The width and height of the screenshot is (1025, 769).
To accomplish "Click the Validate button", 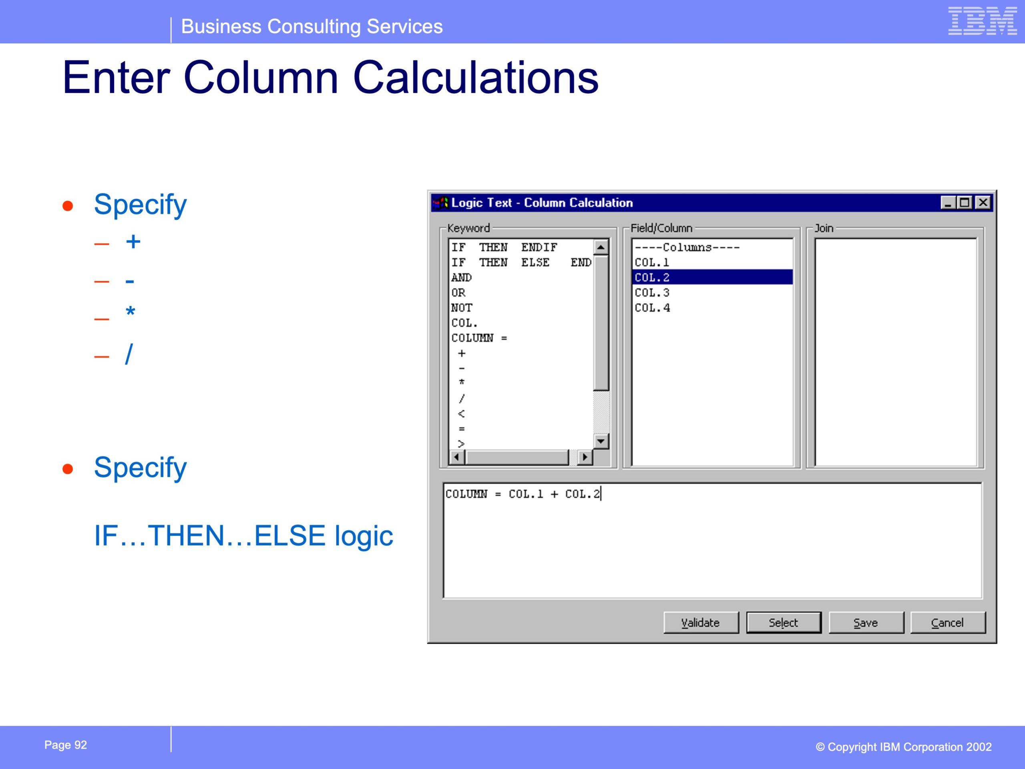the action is (x=701, y=622).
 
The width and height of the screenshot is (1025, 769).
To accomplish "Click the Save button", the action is (x=866, y=622).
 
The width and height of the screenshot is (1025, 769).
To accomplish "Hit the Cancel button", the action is (x=948, y=622).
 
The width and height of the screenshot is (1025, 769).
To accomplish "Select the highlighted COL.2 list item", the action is (x=712, y=277).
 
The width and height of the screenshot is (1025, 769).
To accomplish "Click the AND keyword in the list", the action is (x=462, y=277).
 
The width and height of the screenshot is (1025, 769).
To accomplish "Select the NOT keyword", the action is (x=462, y=308).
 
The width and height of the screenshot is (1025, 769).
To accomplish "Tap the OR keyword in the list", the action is (x=458, y=292).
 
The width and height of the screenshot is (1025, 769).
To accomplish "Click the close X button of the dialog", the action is (x=983, y=203).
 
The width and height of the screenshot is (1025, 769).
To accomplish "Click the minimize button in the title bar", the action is (x=948, y=203).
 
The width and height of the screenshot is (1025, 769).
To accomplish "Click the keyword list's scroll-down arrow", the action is (x=601, y=441).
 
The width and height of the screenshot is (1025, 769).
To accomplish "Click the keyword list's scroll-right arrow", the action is (x=585, y=457).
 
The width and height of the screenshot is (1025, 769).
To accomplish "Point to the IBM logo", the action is (x=983, y=21).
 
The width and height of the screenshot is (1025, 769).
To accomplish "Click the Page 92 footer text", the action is (x=65, y=745).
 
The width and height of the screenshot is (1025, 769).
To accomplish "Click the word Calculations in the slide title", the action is (x=476, y=77).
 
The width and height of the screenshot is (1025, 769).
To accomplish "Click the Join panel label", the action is (x=824, y=228).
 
